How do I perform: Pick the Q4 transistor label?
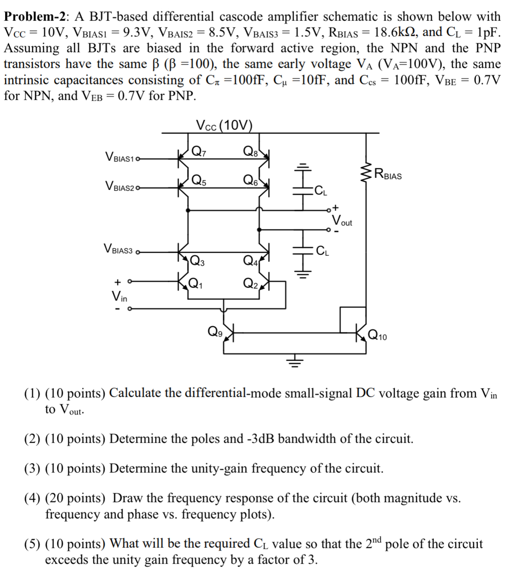coord(249,260)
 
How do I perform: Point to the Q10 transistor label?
coord(377,336)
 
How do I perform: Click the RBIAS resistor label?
coord(388,175)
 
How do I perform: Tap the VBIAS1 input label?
coord(120,157)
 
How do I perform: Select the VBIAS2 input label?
coord(120,187)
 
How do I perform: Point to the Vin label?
coord(119,295)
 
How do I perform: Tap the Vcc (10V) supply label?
coord(224,125)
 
